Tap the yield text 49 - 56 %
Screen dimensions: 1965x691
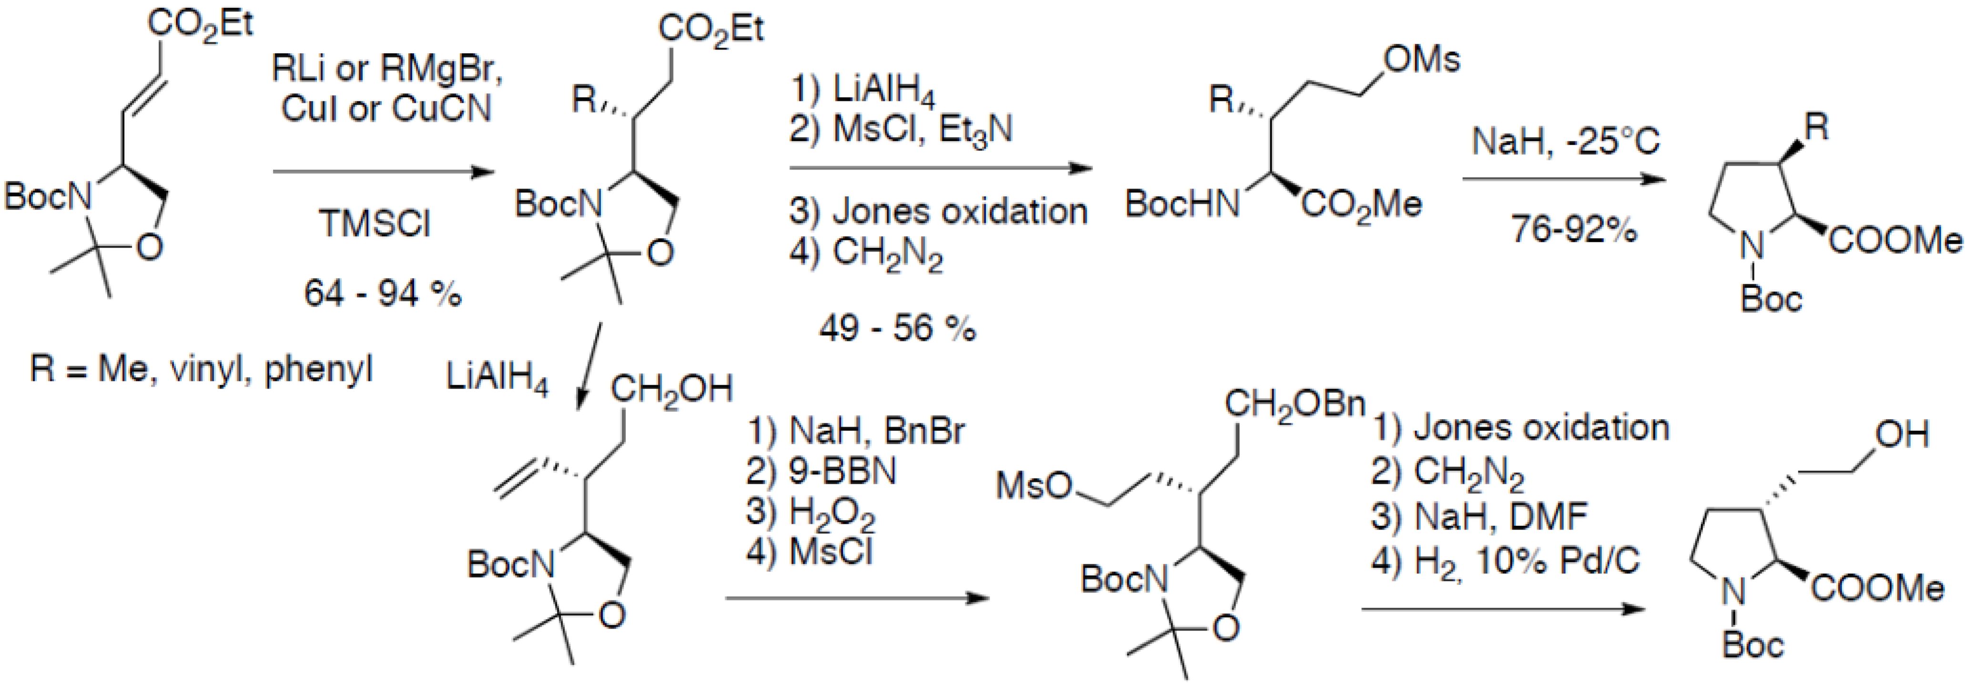pyautogui.click(x=897, y=328)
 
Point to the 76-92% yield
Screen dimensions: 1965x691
pyautogui.click(x=1574, y=228)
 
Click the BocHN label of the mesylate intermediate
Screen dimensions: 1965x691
pyautogui.click(x=1182, y=204)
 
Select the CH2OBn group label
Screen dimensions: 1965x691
pyautogui.click(x=1294, y=404)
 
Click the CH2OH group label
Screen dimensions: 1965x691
pyautogui.click(x=671, y=390)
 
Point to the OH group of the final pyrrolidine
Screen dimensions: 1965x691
pyautogui.click(x=1902, y=435)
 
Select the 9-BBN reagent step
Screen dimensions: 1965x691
pyautogui.click(x=821, y=472)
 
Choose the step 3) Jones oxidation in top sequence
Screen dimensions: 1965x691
pyautogui.click(x=938, y=211)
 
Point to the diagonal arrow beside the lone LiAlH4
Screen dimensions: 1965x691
pyautogui.click(x=589, y=366)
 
